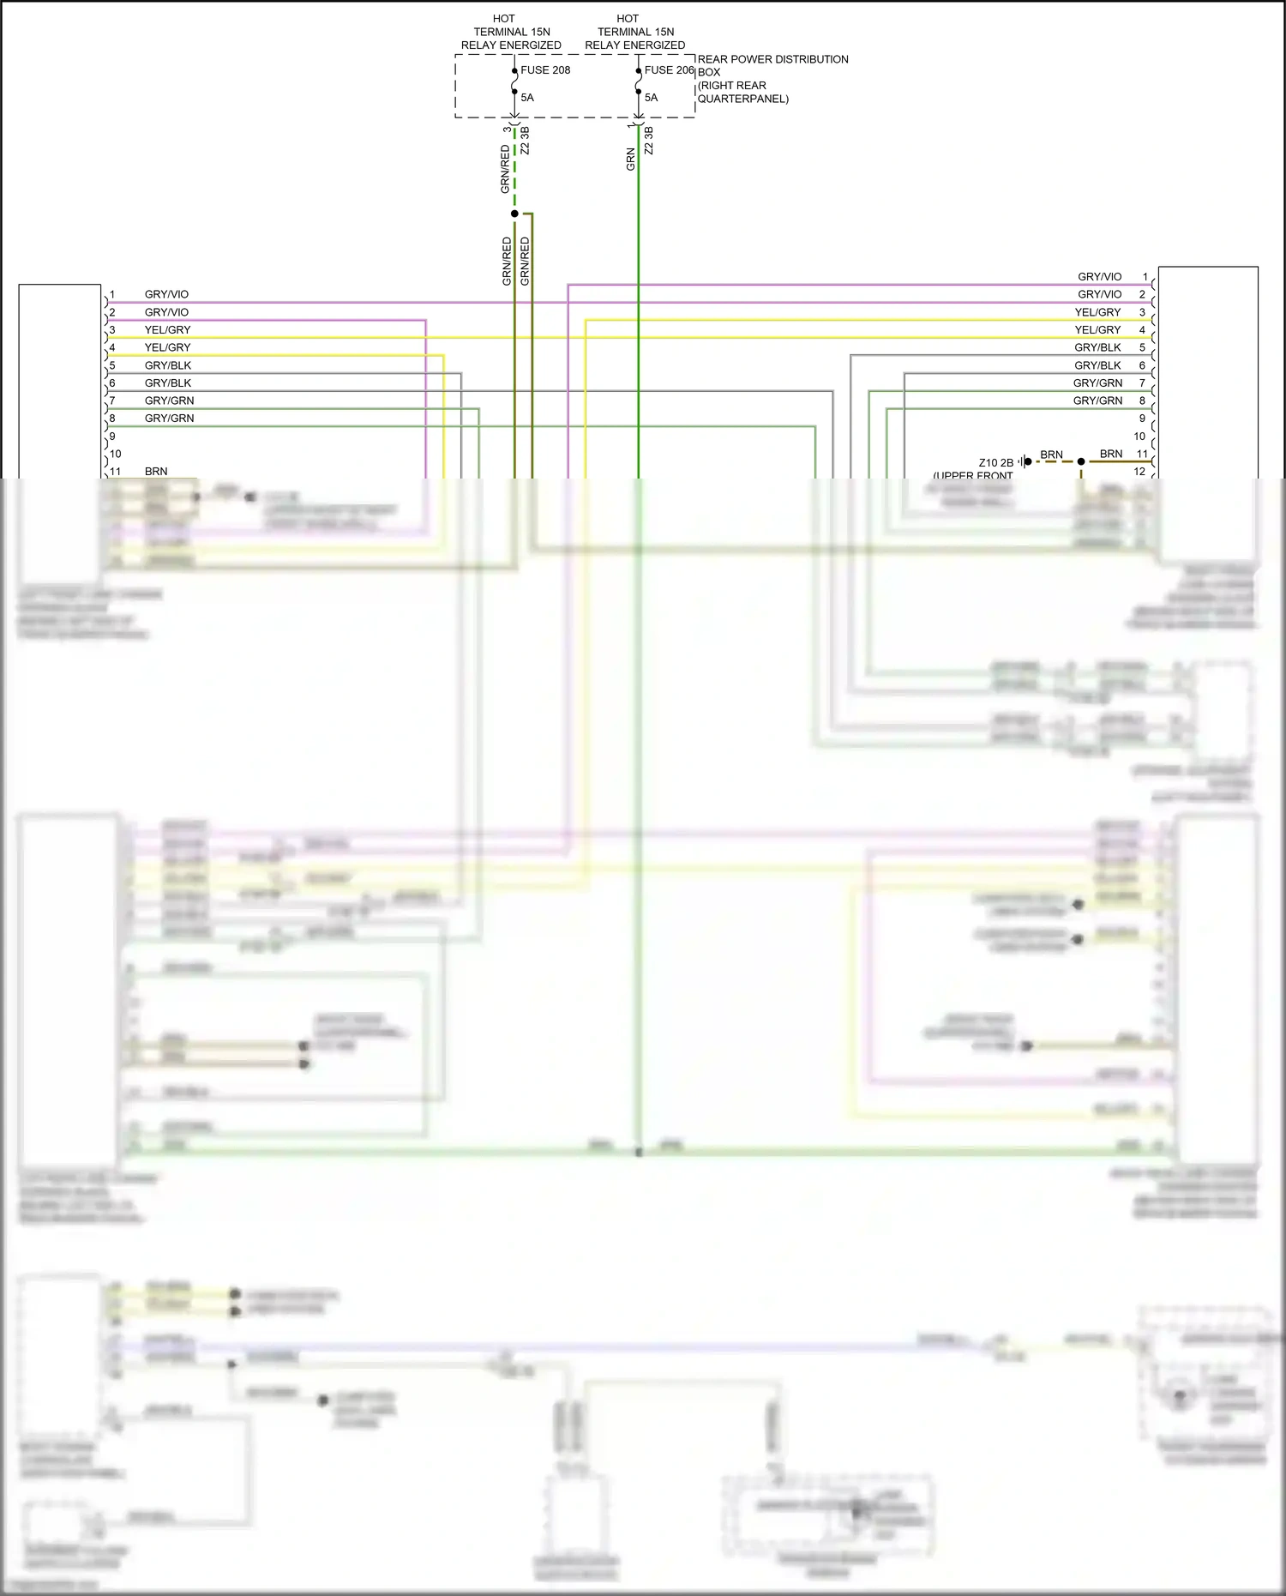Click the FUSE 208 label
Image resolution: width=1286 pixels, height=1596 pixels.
545,70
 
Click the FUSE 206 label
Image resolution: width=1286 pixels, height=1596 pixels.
669,70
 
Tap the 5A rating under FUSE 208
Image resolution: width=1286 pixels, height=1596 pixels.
527,98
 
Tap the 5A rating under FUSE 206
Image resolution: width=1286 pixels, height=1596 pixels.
652,98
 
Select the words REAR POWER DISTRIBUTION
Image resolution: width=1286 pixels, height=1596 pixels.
772,59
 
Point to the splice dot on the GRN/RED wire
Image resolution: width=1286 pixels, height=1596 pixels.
514,214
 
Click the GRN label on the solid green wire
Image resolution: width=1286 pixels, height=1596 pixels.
631,160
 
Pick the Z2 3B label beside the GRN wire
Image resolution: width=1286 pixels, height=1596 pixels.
649,141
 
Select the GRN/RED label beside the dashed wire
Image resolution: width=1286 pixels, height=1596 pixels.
505,167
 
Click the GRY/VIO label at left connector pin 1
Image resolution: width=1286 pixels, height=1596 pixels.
166,294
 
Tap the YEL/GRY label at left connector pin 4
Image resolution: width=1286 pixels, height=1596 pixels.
167,347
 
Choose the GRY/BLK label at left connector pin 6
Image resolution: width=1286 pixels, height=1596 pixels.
167,383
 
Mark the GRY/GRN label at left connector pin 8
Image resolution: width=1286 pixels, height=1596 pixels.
169,419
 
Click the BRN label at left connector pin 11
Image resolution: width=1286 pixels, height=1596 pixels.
156,472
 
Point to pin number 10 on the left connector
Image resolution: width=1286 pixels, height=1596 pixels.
116,454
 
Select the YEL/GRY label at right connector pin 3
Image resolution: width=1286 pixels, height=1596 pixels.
1097,312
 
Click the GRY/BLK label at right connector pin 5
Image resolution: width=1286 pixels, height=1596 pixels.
1097,347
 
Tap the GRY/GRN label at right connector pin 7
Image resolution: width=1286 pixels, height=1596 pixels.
1097,383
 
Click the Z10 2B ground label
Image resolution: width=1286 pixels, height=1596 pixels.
995,463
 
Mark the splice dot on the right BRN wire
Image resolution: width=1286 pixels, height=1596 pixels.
1081,461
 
